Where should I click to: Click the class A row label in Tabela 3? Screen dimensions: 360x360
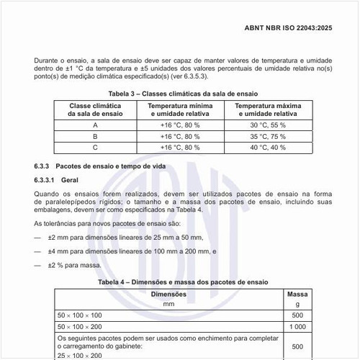coord(94,125)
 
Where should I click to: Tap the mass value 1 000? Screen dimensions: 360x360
coord(297,326)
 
